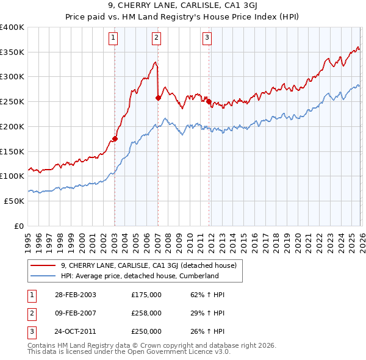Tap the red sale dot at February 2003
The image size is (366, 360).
click(115, 139)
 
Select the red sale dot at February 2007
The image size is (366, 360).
click(158, 97)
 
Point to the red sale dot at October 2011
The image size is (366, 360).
click(209, 101)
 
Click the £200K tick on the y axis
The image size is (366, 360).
click(12, 126)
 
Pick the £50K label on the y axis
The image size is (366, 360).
click(14, 201)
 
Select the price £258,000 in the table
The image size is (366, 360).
click(146, 313)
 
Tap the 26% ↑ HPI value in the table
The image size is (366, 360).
click(208, 331)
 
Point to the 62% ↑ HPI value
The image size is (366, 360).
click(208, 295)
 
